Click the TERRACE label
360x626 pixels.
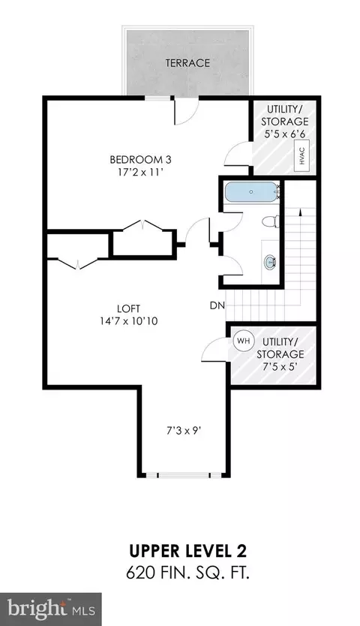[x=187, y=63]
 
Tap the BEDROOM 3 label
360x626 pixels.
[x=140, y=160]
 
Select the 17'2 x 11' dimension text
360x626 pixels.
[x=140, y=173]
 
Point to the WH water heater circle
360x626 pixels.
[x=243, y=342]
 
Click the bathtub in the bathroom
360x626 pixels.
[x=251, y=192]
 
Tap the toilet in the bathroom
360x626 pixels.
[x=271, y=221]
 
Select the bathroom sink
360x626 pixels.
[x=271, y=262]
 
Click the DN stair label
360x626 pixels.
[x=217, y=305]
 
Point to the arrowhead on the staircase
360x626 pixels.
[x=299, y=212]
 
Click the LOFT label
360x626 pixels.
[x=129, y=308]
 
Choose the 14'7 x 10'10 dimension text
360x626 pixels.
[x=129, y=321]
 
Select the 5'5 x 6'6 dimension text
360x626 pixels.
[x=285, y=134]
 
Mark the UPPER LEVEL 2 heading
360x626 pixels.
[x=187, y=552]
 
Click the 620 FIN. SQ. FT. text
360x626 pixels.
[x=188, y=573]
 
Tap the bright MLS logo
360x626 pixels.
[x=51, y=609]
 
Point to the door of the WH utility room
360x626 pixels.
[x=214, y=349]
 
